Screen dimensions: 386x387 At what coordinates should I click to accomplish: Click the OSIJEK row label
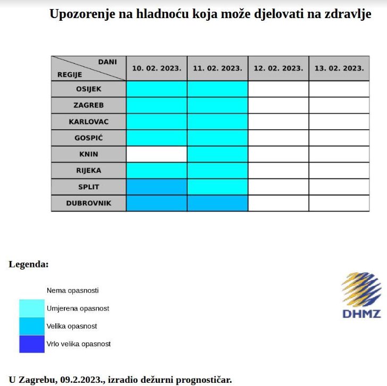tap(88, 89)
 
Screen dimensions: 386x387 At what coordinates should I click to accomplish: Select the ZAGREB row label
tap(88, 105)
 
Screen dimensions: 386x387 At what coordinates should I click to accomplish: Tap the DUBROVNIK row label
tap(88, 203)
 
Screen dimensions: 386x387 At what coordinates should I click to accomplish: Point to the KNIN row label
tap(88, 154)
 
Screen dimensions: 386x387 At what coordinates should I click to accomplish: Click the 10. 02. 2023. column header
tap(157, 68)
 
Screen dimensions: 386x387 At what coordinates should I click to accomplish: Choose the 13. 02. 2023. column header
tap(339, 68)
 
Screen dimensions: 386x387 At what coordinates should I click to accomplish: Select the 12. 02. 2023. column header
tap(279, 68)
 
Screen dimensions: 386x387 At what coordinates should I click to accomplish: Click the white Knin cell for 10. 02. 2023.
tap(157, 154)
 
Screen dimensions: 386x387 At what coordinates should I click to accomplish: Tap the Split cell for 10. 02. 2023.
tap(157, 187)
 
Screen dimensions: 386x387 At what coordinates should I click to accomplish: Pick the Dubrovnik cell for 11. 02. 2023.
tap(217, 203)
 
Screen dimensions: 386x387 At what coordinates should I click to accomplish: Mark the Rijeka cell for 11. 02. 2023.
tap(217, 171)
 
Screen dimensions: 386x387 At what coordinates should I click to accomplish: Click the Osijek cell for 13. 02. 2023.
tap(339, 89)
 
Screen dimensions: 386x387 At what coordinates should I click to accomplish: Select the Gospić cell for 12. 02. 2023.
tap(279, 138)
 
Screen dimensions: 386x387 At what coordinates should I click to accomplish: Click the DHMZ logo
tap(361, 295)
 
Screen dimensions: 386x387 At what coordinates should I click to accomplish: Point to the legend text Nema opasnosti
tap(73, 290)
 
